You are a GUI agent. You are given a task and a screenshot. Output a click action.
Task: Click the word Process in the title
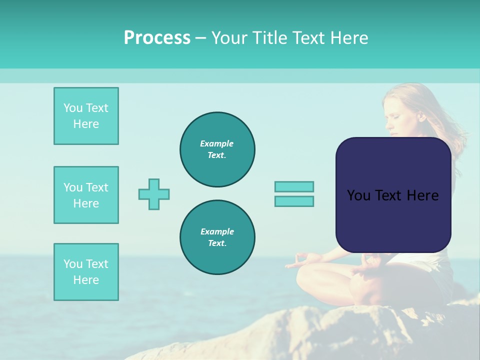pos(157,38)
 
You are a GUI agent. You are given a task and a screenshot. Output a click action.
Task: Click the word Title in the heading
pos(267,38)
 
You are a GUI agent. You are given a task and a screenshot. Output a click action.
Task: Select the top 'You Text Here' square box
pos(86,116)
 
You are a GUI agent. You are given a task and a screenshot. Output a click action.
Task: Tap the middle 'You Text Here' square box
pos(86,195)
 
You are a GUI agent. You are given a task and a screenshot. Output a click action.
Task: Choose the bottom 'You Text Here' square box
pos(86,272)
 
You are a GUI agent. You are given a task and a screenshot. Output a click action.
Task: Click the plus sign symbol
pos(154,194)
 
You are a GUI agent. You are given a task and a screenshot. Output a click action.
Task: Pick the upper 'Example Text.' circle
pos(217,149)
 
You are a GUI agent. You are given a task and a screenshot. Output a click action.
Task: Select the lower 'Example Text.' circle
pos(217,237)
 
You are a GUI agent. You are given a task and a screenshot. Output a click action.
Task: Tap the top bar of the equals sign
pos(294,186)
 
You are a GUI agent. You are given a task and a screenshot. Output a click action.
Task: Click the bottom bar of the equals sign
pos(294,201)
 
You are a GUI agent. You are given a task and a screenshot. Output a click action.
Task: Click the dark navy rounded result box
pos(393,220)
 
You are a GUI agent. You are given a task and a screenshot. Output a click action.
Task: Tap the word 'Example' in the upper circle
pos(217,143)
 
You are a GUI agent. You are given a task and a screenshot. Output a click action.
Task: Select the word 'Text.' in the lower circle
pos(217,243)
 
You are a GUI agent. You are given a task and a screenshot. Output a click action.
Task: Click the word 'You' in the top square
pos(72,108)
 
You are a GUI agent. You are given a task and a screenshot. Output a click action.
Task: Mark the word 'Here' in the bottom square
pos(86,280)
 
